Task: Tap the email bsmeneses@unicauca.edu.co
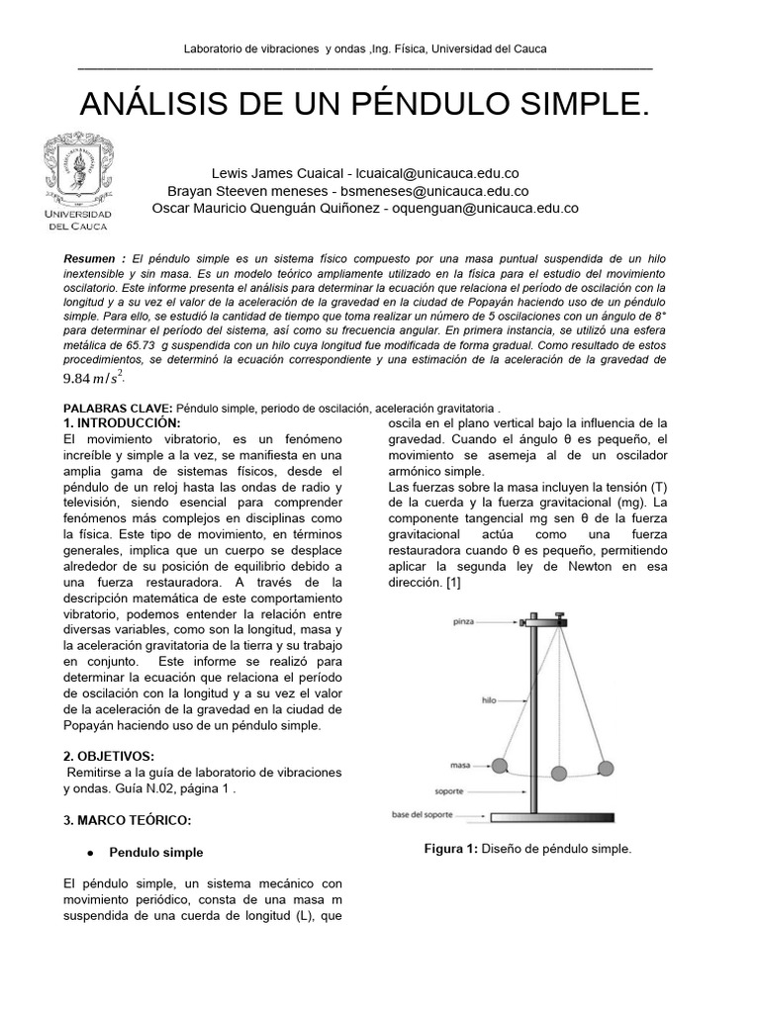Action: click(x=435, y=191)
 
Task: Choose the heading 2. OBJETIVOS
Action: click(x=108, y=755)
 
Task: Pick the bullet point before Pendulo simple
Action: click(x=90, y=853)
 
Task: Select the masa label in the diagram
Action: click(x=459, y=766)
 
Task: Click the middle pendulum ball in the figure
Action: click(x=561, y=773)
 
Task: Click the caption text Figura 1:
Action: click(x=451, y=849)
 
